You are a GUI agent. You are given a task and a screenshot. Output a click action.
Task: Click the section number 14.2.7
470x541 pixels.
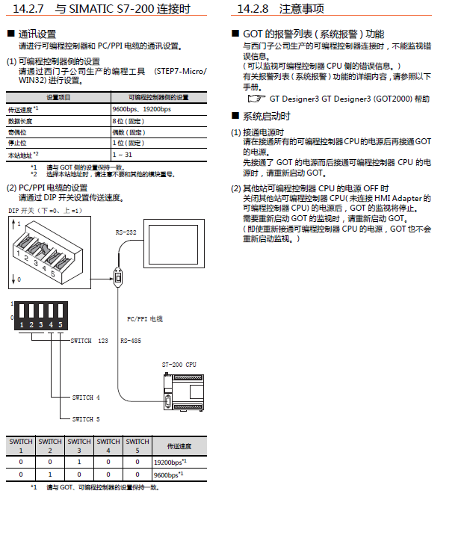[x=28, y=9]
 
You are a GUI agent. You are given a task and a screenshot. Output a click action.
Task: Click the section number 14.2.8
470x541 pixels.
[x=254, y=9]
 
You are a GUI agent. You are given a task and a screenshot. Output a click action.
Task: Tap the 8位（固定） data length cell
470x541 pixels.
[x=128, y=120]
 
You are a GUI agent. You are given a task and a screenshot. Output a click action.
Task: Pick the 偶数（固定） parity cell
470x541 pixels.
[x=129, y=131]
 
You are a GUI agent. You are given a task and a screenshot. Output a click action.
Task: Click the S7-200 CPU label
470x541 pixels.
[x=180, y=364]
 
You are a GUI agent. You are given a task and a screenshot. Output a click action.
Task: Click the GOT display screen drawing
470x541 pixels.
[x=175, y=244]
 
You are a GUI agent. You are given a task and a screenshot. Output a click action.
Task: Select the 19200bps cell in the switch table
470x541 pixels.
[x=168, y=462]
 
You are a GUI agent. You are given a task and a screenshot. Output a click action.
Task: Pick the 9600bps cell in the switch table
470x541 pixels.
[x=168, y=474]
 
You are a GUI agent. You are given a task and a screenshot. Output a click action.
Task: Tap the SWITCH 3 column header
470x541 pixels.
[x=79, y=446]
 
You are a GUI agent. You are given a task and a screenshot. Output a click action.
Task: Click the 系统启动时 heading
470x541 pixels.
[x=267, y=117]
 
